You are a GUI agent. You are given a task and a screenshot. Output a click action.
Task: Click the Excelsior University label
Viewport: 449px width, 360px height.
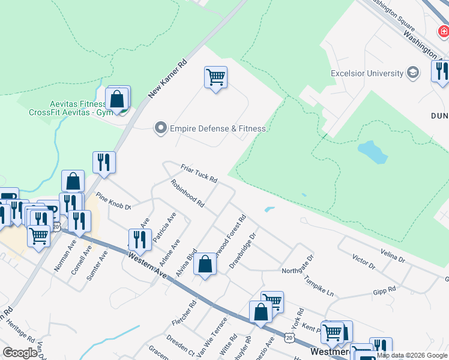(367, 73)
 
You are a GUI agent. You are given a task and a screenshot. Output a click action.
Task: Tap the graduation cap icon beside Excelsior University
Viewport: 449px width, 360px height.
(412, 73)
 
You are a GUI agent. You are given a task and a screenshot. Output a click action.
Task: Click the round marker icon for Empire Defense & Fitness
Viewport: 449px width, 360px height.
(160, 128)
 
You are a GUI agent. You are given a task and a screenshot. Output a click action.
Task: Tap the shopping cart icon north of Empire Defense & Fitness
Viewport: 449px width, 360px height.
(215, 77)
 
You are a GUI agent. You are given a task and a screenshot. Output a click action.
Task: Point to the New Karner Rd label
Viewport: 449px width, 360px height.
(168, 78)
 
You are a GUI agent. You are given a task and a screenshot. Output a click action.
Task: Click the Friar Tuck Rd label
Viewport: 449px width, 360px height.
(199, 174)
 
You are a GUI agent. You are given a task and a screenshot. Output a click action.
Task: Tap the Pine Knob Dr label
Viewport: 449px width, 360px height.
(113, 202)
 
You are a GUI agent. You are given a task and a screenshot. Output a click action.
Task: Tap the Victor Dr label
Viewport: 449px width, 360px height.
(364, 263)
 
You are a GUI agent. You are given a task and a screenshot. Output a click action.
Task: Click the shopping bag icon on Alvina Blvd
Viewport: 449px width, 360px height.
(205, 263)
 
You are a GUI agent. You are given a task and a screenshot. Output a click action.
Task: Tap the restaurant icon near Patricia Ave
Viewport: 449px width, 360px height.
(140, 239)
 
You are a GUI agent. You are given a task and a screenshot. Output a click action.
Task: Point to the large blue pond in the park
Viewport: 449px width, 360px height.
(372, 152)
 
